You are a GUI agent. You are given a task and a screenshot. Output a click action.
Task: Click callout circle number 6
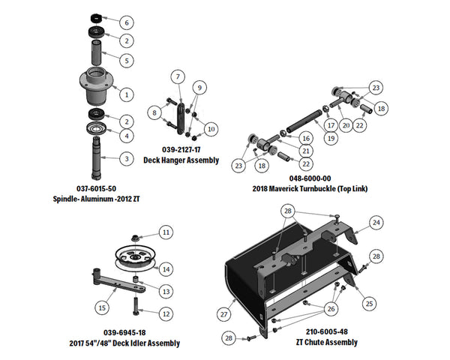pos(127,22)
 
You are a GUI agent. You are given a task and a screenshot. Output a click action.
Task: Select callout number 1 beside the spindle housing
pos(127,94)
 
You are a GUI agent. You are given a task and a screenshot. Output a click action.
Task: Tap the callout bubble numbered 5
pos(127,59)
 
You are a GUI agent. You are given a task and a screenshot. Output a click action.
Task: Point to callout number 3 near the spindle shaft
pos(127,158)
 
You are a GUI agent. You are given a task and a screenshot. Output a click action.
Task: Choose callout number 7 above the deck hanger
pos(178,77)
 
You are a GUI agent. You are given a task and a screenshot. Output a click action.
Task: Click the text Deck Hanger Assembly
pos(181,160)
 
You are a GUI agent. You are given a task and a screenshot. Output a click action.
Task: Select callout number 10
pos(211,129)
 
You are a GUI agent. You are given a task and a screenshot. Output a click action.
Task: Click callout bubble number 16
pos(305,138)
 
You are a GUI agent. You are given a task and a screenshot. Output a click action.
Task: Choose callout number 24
pos(377,223)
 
